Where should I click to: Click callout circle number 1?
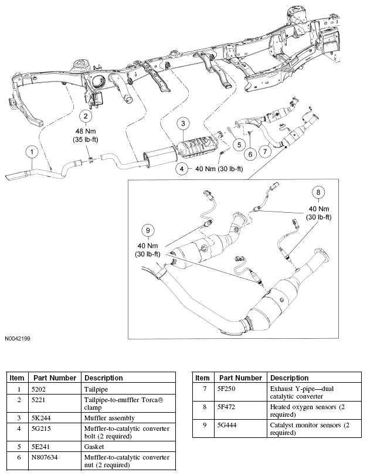coord(31,152)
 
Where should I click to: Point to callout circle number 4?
coord(183,169)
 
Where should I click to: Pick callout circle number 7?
coord(266,152)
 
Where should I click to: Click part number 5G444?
coord(227,424)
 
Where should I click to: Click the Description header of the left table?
coord(103,378)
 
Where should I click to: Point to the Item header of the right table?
coord(202,378)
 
